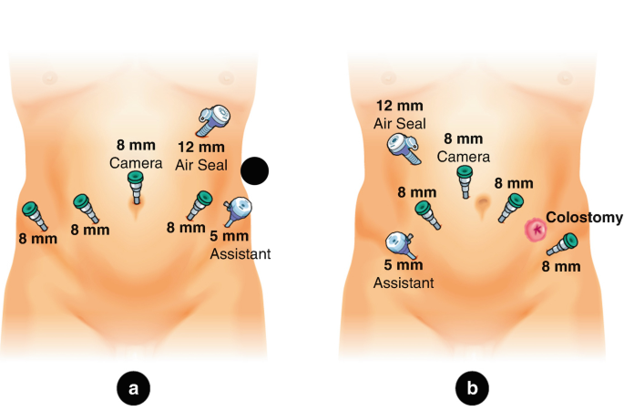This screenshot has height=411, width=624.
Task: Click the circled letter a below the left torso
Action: pyautogui.click(x=133, y=389)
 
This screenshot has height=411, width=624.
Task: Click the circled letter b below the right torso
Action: pyautogui.click(x=472, y=389)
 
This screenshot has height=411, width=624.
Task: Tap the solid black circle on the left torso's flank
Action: pyautogui.click(x=255, y=170)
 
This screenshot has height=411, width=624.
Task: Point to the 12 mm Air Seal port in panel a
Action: pyautogui.click(x=215, y=118)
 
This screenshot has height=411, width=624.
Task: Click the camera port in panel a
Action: pyautogui.click(x=136, y=185)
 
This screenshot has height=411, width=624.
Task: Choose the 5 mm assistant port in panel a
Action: pyautogui.click(x=239, y=212)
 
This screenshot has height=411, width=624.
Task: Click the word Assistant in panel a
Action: pyautogui.click(x=240, y=254)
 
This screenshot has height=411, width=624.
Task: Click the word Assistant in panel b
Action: pyautogui.click(x=404, y=283)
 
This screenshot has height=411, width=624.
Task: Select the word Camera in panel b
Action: pyautogui.click(x=463, y=156)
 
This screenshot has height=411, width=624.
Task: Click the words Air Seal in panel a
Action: pyautogui.click(x=200, y=165)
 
